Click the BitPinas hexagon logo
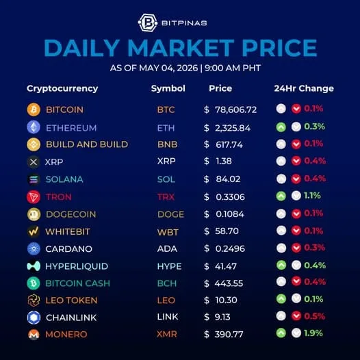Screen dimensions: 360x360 [x=148, y=23]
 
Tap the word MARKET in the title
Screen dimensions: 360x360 [x=181, y=48]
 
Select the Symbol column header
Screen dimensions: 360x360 [x=168, y=88]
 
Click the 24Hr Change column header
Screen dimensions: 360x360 [x=304, y=88]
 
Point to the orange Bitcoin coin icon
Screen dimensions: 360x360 [x=34, y=110]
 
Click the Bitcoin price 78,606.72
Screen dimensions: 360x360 [x=236, y=110]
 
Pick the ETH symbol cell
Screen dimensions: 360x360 [x=166, y=128]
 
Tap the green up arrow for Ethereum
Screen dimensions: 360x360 [x=281, y=127]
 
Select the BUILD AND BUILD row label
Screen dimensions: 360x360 [x=87, y=144]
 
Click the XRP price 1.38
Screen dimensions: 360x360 [x=224, y=161]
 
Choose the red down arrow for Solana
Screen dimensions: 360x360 [x=296, y=179]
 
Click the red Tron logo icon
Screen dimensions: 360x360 [x=34, y=196]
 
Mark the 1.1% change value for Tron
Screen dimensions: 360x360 [x=312, y=196]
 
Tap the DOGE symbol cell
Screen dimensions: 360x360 [x=170, y=214]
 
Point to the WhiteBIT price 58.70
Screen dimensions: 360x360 [x=227, y=231]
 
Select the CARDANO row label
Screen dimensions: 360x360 [x=69, y=249]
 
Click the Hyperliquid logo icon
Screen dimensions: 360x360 [x=34, y=266]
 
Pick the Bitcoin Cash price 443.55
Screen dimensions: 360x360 [x=229, y=283]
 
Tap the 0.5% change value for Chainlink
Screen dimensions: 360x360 [x=315, y=316]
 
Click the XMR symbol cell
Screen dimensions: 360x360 [x=167, y=334]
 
